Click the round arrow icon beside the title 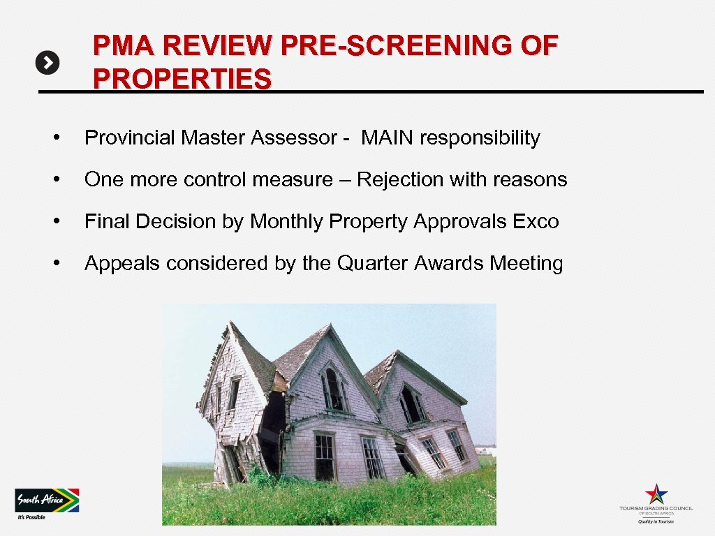pyautogui.click(x=47, y=64)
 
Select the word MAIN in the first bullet pyautogui.click(x=388, y=138)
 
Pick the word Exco pyautogui.click(x=536, y=222)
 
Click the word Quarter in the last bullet pyautogui.click(x=374, y=264)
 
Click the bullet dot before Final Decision pyautogui.click(x=64, y=222)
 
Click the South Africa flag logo pyautogui.click(x=47, y=500)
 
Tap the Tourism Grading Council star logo pyautogui.click(x=656, y=493)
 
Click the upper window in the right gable pyautogui.click(x=412, y=403)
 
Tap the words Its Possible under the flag pyautogui.click(x=31, y=517)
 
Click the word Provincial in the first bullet pyautogui.click(x=130, y=138)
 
